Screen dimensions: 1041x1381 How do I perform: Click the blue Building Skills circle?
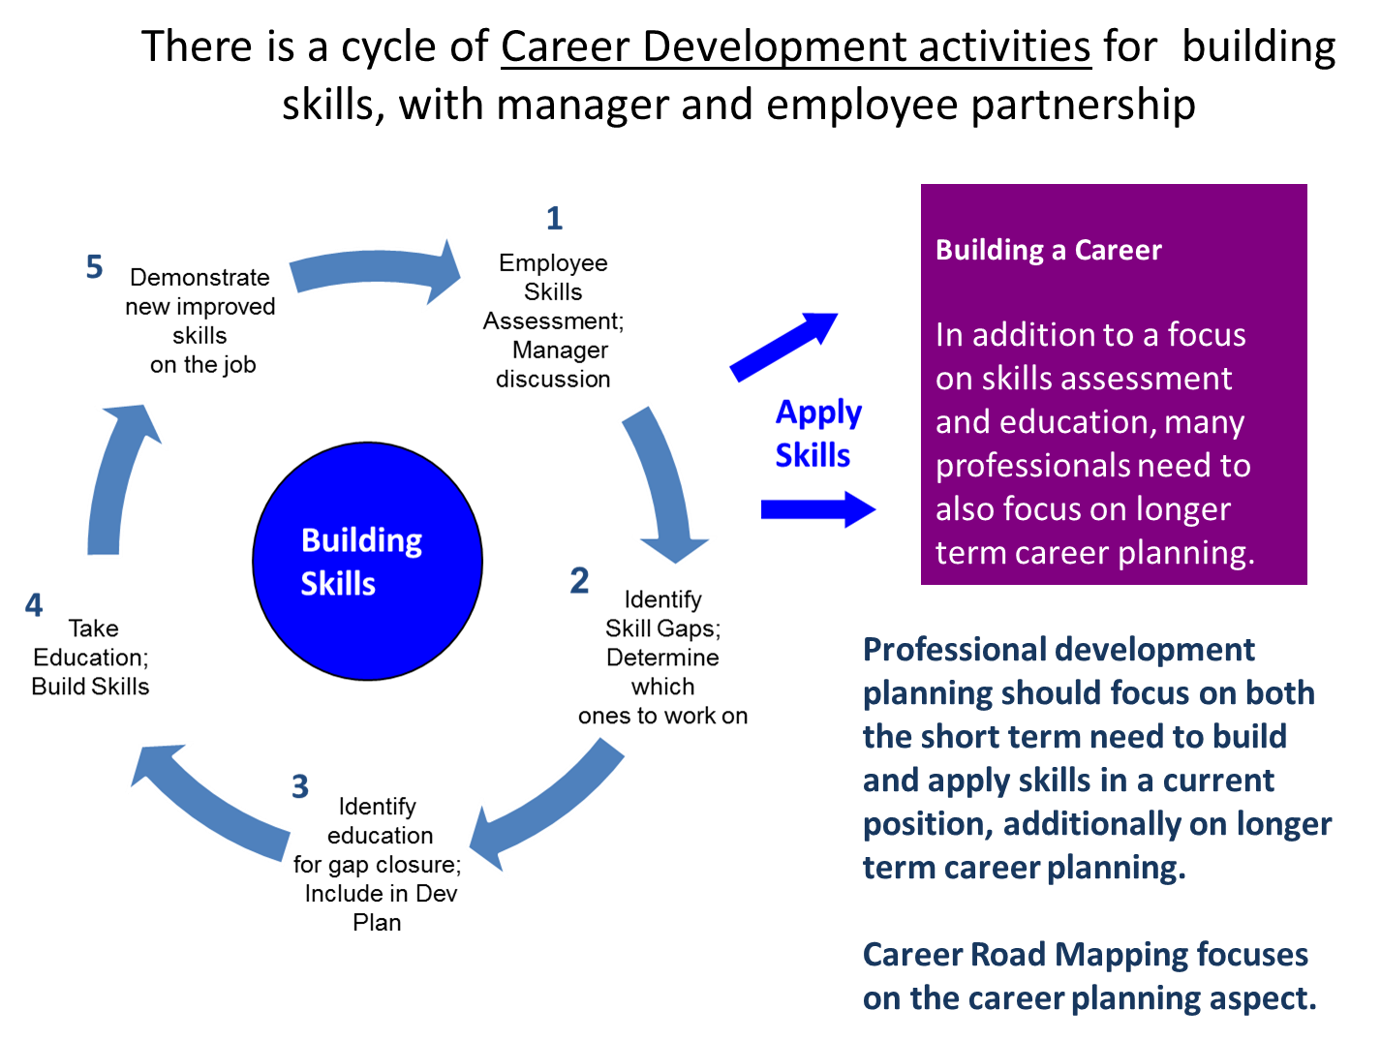[x=367, y=562]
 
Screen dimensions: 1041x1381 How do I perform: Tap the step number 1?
[x=554, y=218]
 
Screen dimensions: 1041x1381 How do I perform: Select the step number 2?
[x=579, y=581]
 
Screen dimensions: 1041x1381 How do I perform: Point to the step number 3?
[x=300, y=786]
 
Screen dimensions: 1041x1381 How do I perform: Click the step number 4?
[x=34, y=605]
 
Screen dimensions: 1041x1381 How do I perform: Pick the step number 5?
[x=94, y=266]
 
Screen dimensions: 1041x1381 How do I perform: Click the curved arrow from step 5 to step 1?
[x=378, y=272]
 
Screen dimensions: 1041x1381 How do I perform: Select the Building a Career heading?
[x=1048, y=250]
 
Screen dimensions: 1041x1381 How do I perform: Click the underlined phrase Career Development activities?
[x=795, y=46]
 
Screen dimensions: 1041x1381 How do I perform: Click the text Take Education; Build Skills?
[x=91, y=658]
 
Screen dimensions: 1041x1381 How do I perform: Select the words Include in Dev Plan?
[x=380, y=907]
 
